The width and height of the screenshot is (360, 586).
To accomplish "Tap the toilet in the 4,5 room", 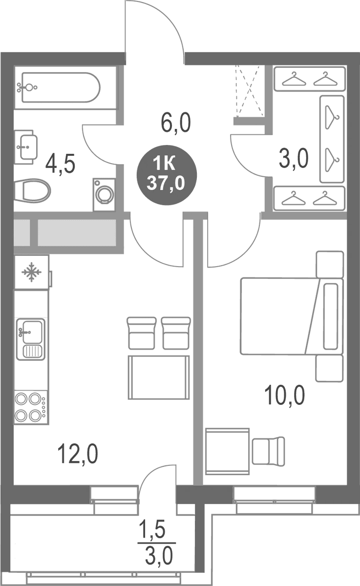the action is pyautogui.click(x=32, y=191).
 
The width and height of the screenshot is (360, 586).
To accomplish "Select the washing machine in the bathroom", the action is pyautogui.click(x=104, y=195).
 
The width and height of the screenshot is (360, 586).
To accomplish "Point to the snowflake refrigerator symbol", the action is pyautogui.click(x=31, y=272).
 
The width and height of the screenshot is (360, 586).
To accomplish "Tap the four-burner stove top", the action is pyautogui.click(x=31, y=407).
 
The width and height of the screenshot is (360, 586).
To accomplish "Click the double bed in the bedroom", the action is pyautogui.click(x=292, y=316).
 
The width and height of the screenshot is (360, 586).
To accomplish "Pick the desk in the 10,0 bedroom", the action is pyautogui.click(x=227, y=451).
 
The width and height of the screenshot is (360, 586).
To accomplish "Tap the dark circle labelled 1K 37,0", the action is pyautogui.click(x=167, y=175).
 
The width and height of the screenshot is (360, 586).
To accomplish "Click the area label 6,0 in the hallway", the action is pyautogui.click(x=176, y=123).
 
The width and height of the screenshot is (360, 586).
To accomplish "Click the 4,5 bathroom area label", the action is pyautogui.click(x=60, y=164).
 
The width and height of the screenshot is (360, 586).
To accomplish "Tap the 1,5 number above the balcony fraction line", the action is pyautogui.click(x=152, y=529).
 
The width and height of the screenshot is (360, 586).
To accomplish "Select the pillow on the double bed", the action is pyautogui.click(x=331, y=316).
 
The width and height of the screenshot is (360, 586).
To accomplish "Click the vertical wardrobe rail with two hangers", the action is pyautogui.click(x=332, y=139).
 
